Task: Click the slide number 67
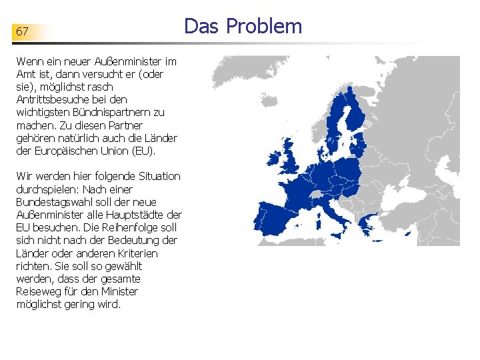22,31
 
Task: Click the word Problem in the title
264,26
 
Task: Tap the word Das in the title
202,26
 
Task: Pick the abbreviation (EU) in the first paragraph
142,151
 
